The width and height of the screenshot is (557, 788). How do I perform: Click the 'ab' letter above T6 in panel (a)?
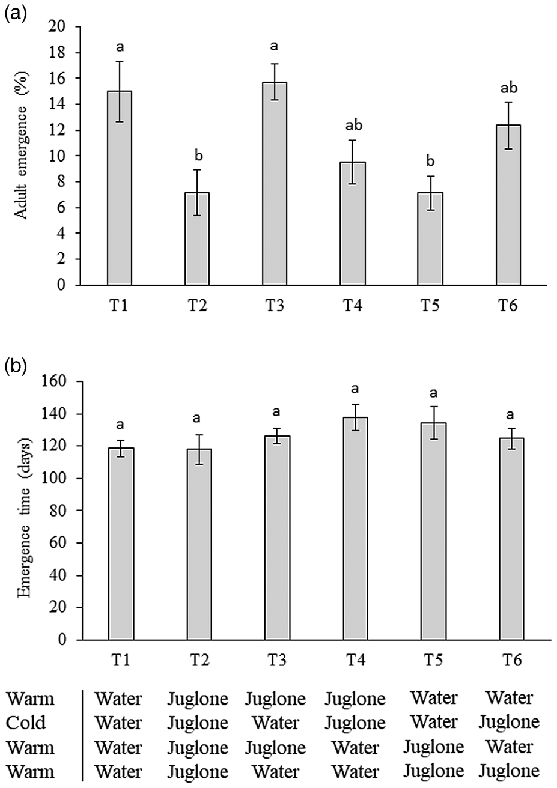tap(508, 88)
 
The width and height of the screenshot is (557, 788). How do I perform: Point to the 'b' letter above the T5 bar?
tap(430, 162)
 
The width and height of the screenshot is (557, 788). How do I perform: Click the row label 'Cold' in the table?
tap(25, 723)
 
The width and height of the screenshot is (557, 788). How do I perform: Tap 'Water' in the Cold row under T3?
tap(275, 723)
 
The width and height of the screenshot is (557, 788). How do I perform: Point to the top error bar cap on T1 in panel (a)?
tap(120, 62)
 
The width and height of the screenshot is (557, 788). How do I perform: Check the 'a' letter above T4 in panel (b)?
tap(355, 389)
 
